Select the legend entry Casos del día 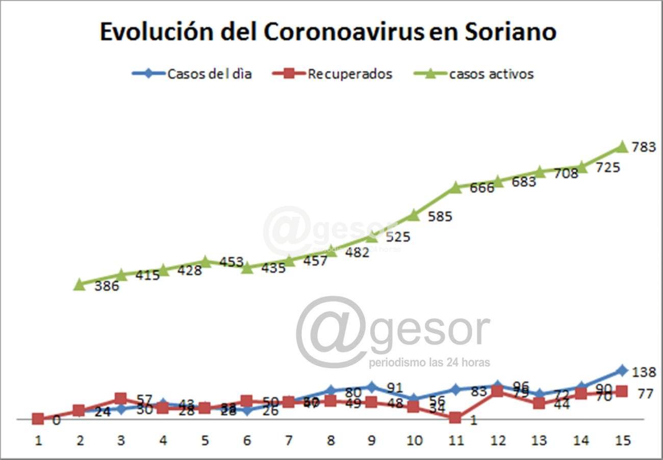tap(191, 73)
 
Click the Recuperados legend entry tap(331, 73)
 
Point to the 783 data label tap(643, 148)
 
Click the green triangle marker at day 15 tap(622, 147)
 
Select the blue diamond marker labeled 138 tap(622, 370)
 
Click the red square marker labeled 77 tap(622, 391)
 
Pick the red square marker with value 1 tap(455, 418)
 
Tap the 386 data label tap(107, 286)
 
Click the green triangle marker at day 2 tap(79, 284)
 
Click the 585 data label tap(440, 217)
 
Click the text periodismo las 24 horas tap(429, 363)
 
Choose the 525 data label tap(398, 237)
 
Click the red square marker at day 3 tap(121, 398)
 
